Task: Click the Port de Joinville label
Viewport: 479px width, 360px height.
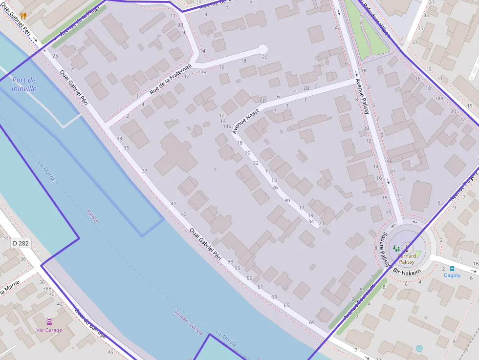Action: point(24,84)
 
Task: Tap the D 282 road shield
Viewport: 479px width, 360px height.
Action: point(21,243)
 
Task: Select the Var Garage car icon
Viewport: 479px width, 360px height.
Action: point(49,321)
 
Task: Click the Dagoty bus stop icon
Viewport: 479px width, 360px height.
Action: point(452,268)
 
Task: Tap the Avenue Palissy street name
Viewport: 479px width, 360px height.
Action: point(362,96)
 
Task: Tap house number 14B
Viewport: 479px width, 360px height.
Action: point(227,127)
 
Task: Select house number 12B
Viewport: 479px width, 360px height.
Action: point(202,72)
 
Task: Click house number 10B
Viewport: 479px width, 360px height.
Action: point(365,128)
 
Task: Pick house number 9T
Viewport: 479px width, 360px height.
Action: point(392,171)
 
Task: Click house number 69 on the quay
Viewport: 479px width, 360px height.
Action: point(312,322)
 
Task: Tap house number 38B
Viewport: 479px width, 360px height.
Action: point(47,289)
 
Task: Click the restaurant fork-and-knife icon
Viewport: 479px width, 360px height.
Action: point(23,16)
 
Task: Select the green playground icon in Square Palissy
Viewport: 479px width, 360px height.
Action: point(396,249)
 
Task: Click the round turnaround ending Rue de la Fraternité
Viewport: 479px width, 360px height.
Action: point(263,49)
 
